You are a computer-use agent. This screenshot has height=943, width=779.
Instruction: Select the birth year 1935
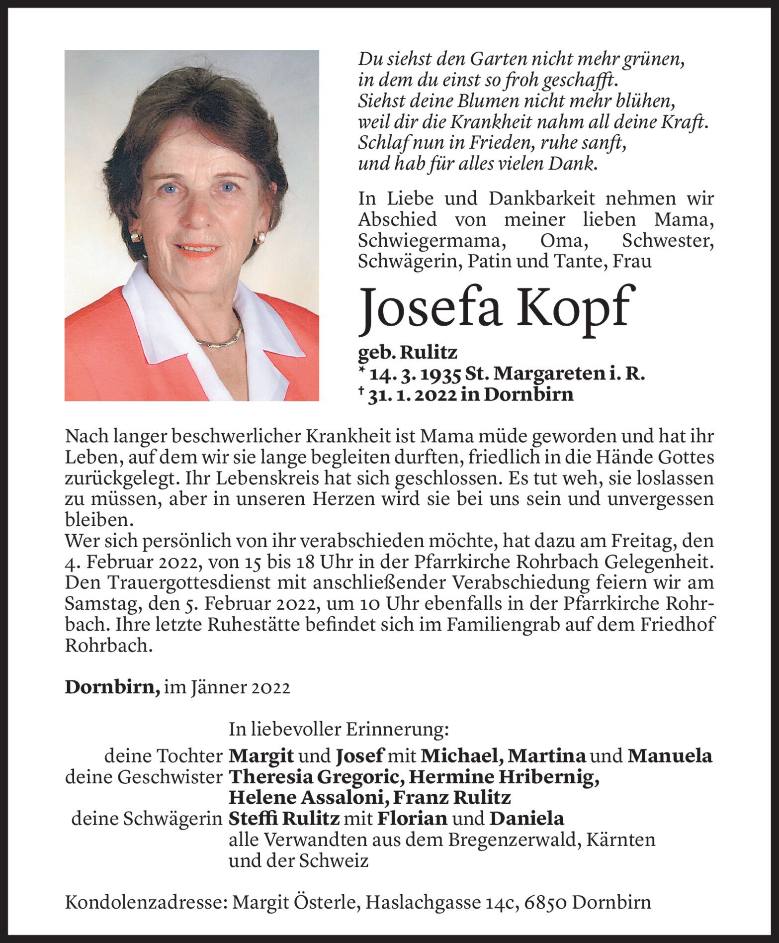[442, 374]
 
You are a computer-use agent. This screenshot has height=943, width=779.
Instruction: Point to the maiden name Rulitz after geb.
[429, 353]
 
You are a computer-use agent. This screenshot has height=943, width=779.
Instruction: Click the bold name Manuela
[670, 756]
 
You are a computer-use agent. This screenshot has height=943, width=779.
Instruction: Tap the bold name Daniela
[526, 819]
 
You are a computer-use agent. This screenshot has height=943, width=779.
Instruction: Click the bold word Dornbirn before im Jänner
[112, 687]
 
